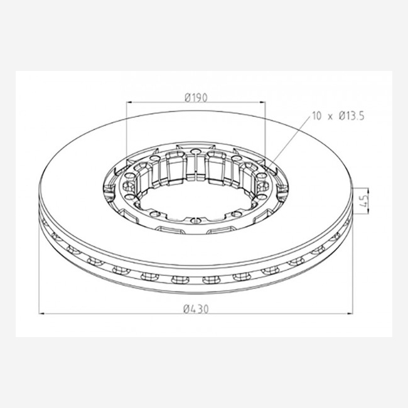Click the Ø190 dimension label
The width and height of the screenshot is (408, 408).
[x=196, y=97]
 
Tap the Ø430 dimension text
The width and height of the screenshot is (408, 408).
[x=196, y=309]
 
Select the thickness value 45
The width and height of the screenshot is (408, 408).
[x=365, y=201]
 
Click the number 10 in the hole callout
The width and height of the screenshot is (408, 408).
[x=316, y=115]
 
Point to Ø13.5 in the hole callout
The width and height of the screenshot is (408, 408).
[x=352, y=115]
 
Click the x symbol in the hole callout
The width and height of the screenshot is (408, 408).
[x=330, y=117]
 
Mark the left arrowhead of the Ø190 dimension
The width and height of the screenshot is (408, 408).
[x=128, y=102]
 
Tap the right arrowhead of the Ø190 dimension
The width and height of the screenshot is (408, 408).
[x=263, y=102]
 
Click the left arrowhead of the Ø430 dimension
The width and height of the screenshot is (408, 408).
[x=41, y=314]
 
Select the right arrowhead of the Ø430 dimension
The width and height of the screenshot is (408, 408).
[x=350, y=314]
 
